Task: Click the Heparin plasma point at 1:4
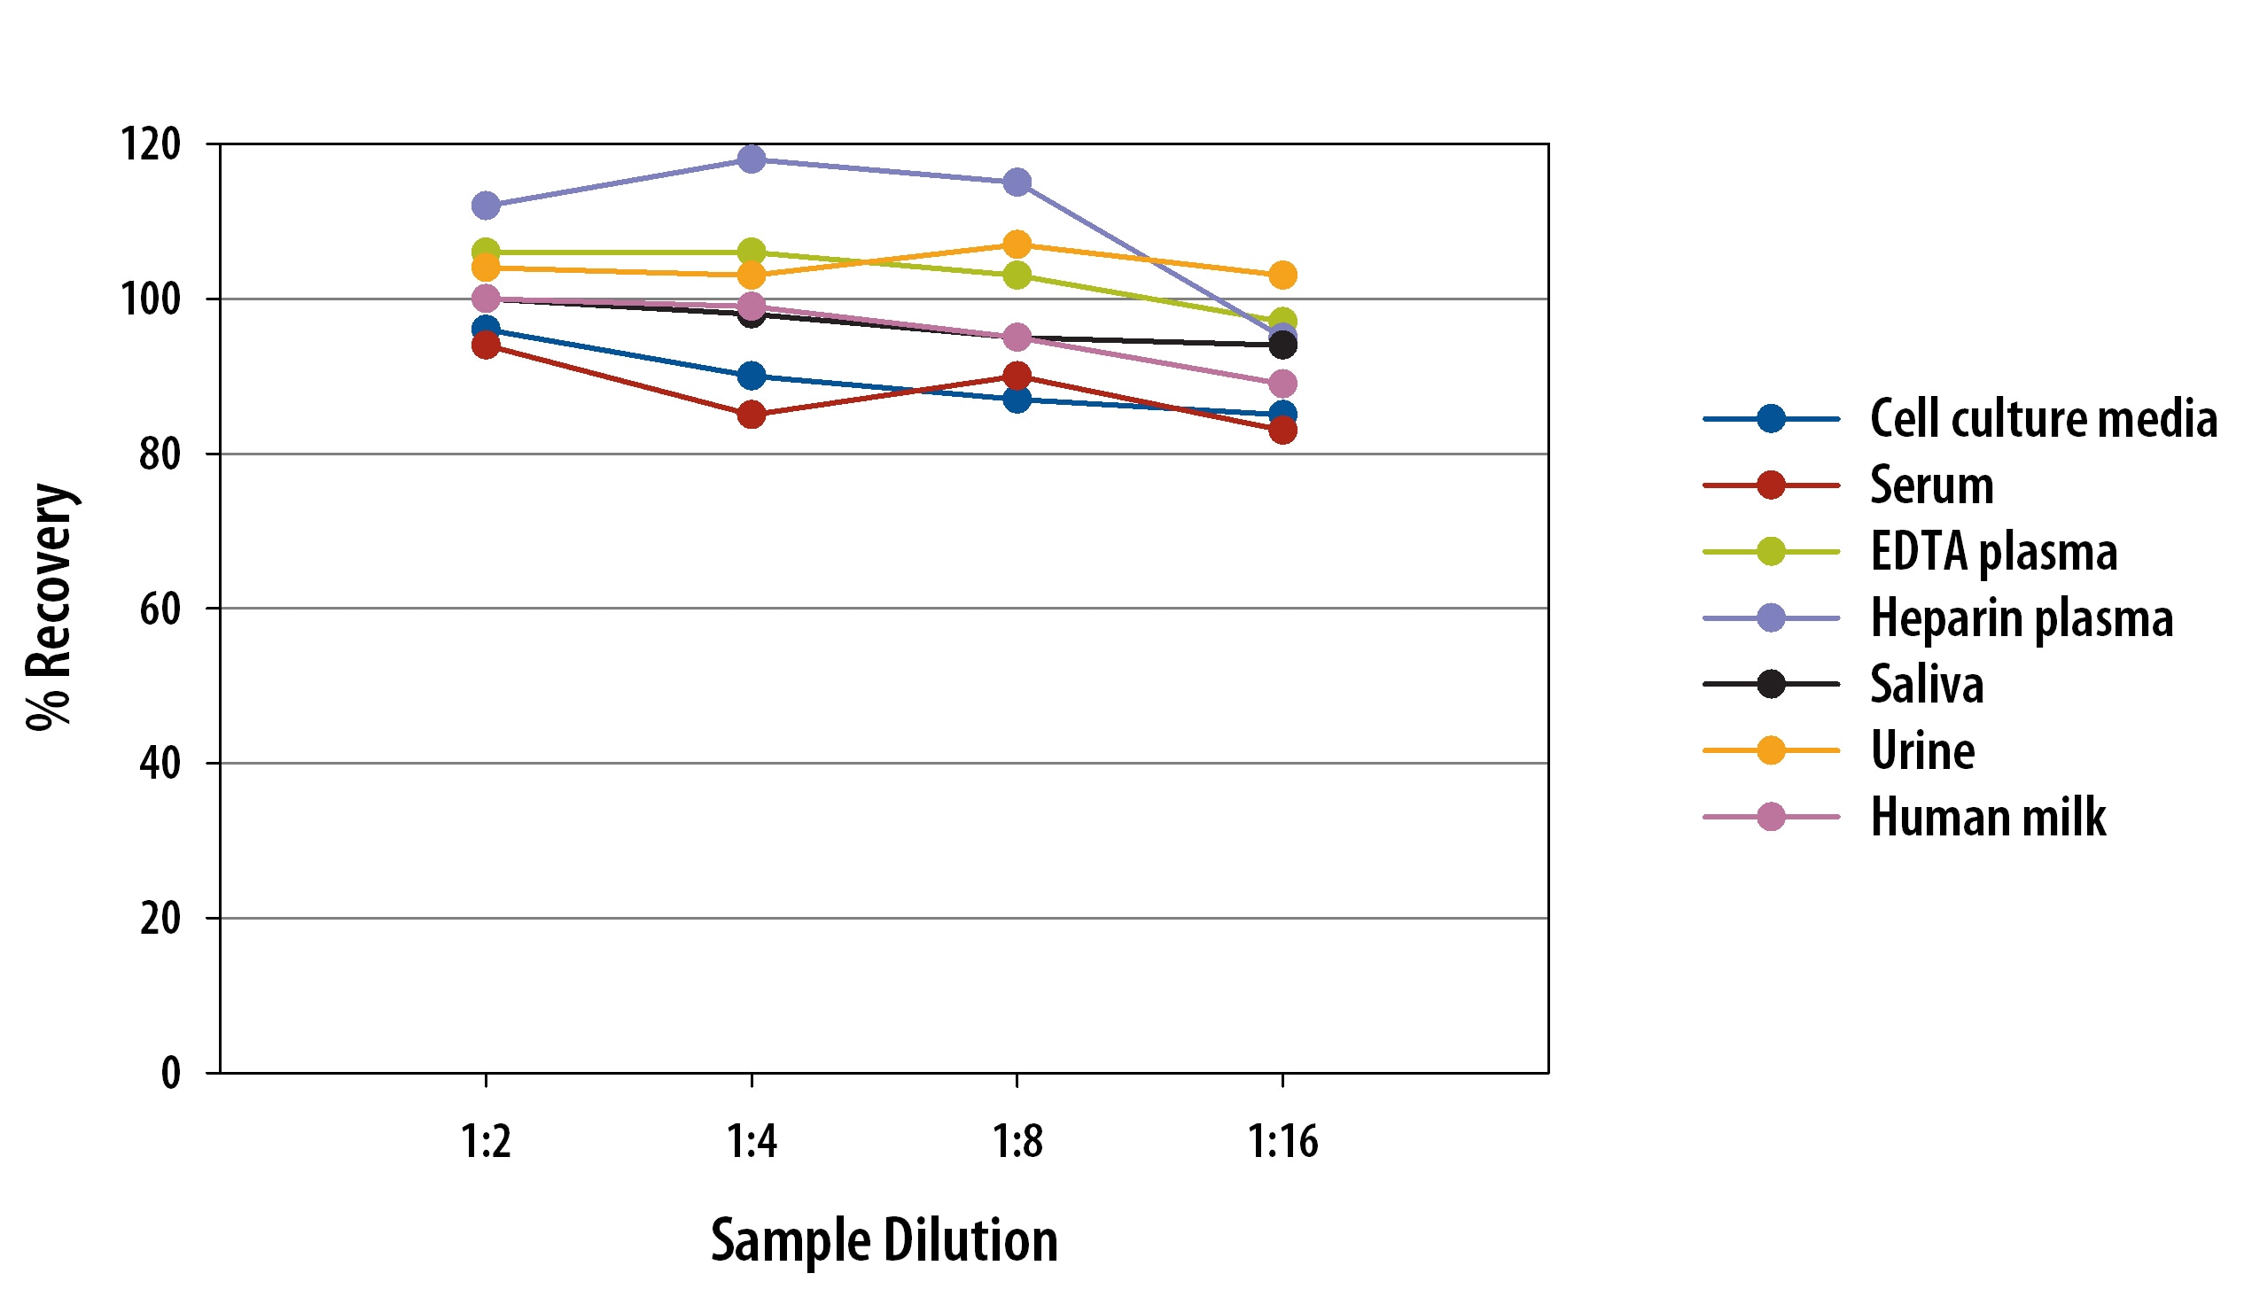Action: [x=752, y=159]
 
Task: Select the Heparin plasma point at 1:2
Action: [x=486, y=206]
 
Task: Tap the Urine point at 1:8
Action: [x=1017, y=244]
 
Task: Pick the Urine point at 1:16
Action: [x=1282, y=276]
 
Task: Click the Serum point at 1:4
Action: [x=752, y=414]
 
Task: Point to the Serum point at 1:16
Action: [x=1282, y=431]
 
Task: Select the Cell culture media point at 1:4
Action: [x=752, y=376]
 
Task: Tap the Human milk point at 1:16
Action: [x=1282, y=384]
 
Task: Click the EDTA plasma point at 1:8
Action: [x=1017, y=275]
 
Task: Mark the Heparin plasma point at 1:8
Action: [x=1017, y=182]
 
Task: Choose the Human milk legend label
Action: [x=1988, y=817]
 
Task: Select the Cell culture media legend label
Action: [x=2044, y=418]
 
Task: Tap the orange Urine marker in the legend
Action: [x=1771, y=750]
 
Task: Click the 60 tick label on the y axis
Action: [x=160, y=609]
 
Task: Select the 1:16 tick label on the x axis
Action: [x=1282, y=1141]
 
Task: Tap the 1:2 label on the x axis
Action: [x=486, y=1141]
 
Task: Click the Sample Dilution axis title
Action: [x=884, y=1240]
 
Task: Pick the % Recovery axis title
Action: [x=50, y=608]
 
